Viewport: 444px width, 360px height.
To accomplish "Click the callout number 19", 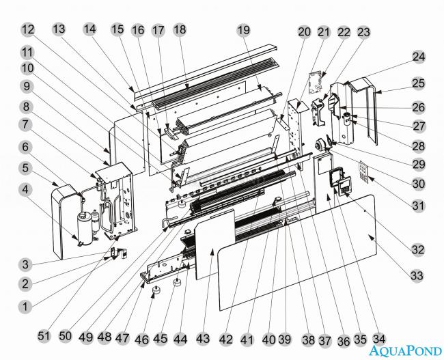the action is (x=244, y=30).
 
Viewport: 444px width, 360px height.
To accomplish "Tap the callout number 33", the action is (x=417, y=275).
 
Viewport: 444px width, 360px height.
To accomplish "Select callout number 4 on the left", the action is (x=25, y=189).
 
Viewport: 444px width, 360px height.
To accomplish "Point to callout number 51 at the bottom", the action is (x=44, y=336).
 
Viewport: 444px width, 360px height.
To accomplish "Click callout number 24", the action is (x=419, y=57).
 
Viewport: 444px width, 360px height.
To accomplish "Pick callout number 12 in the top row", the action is (x=28, y=29).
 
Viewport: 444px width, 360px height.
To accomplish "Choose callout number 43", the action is (x=203, y=338).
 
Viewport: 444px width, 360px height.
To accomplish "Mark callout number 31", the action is (x=418, y=206).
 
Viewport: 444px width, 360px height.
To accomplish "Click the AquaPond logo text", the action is (x=405, y=350).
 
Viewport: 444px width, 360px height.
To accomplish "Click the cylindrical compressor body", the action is (x=85, y=228).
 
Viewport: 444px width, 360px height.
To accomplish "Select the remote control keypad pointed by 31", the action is (x=363, y=170).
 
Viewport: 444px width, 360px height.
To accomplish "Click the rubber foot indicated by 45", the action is (x=178, y=282).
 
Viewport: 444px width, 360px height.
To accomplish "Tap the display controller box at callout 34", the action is (x=344, y=186).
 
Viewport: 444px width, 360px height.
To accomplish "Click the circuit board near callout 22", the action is (x=316, y=83).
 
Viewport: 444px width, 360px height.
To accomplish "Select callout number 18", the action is (x=180, y=29).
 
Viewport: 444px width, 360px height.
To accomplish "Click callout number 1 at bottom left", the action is (x=25, y=307).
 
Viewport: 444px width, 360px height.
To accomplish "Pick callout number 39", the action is (x=286, y=338).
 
